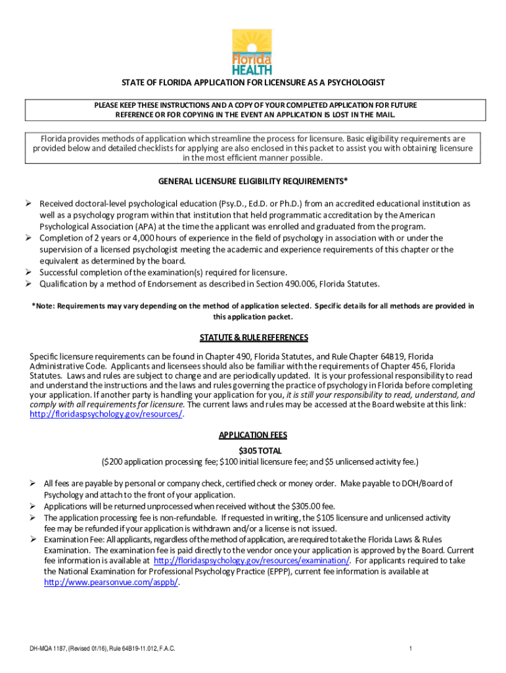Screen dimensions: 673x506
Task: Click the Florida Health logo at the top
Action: point(252,52)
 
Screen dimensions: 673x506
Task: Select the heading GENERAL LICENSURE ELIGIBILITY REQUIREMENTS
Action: point(253,181)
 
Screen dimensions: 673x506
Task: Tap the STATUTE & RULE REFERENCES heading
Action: point(254,338)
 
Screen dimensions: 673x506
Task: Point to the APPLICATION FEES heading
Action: point(253,436)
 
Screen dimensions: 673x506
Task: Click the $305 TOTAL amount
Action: point(253,451)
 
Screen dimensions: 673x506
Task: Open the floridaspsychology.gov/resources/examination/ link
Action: point(251,561)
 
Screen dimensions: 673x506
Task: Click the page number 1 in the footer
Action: point(409,649)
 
